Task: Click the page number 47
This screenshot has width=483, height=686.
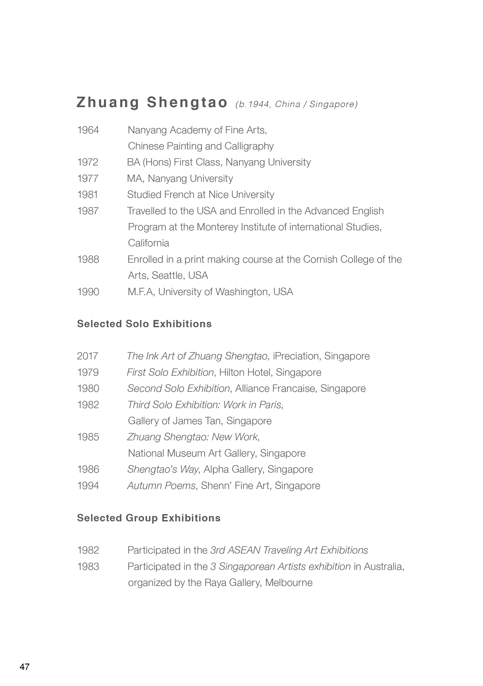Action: (x=25, y=667)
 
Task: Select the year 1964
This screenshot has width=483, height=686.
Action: (x=88, y=130)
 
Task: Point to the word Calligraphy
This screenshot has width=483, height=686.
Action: (x=249, y=146)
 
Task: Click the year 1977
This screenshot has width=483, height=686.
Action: (x=88, y=178)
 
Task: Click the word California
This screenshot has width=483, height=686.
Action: (x=148, y=243)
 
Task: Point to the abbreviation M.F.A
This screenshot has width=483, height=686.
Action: (x=141, y=292)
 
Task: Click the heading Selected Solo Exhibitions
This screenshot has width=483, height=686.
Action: (x=145, y=324)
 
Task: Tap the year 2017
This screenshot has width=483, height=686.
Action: (x=88, y=356)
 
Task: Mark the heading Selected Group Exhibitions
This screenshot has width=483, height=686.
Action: (x=149, y=518)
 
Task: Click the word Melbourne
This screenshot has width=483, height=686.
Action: (x=289, y=583)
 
